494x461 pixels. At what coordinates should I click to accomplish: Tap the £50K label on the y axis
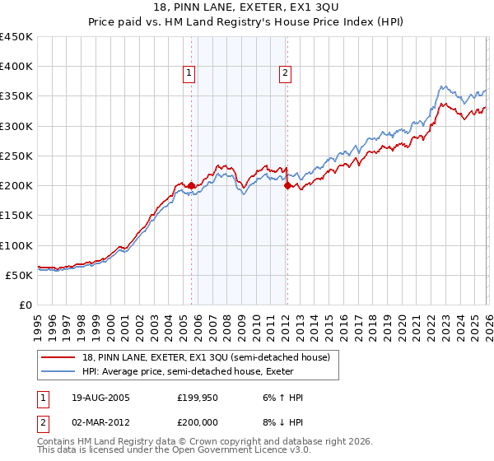19,275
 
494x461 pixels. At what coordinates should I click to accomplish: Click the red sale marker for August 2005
192,186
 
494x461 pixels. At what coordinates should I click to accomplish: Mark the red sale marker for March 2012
287,186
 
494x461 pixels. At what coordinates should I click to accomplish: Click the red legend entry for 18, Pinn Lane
206,357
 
